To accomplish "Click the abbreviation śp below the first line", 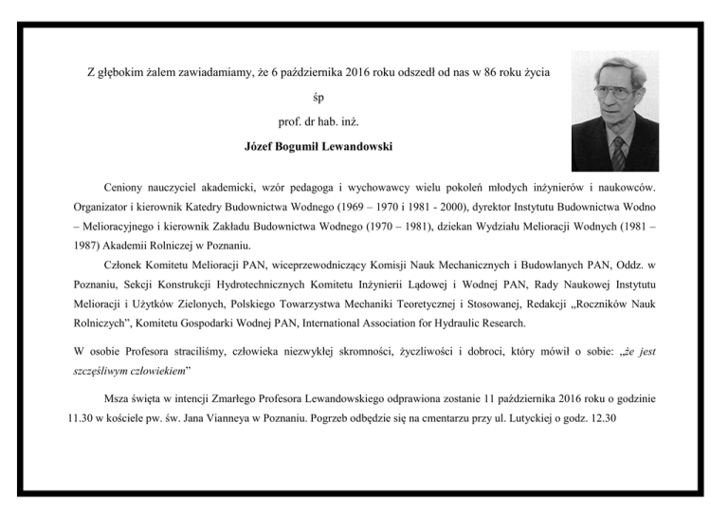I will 318,98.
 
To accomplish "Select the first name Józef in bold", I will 262,149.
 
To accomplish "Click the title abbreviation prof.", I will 292,123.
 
